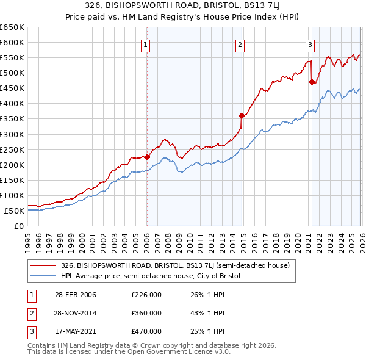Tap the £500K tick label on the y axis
pyautogui.click(x=12, y=73)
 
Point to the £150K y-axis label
pyautogui.click(x=12, y=181)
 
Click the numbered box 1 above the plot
pyautogui.click(x=147, y=44)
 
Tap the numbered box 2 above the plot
pyautogui.click(x=240, y=44)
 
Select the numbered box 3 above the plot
pyautogui.click(x=310, y=44)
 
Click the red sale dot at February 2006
pyautogui.click(x=147, y=156)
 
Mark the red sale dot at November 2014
pyautogui.click(x=242, y=115)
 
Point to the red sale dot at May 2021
pyautogui.click(x=312, y=82)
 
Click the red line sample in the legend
pyautogui.click(x=44, y=266)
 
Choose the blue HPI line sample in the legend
pyautogui.click(x=44, y=276)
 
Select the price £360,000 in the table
pyautogui.click(x=146, y=313)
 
